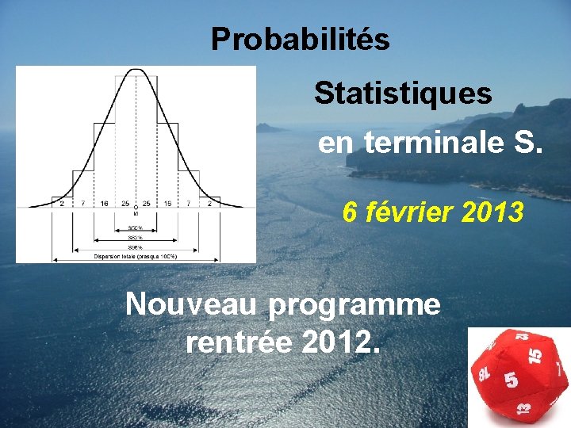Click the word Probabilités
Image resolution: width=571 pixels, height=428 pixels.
pos(300,39)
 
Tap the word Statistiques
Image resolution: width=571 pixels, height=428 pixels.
pos(403,94)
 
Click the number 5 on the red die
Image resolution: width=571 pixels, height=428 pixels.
pos(512,380)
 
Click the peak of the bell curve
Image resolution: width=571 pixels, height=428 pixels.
pos(136,71)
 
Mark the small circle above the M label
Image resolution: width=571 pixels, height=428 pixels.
pos(136,206)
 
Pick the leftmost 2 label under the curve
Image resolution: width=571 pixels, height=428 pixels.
pos(62,204)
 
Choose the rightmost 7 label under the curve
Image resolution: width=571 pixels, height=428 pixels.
pos(189,204)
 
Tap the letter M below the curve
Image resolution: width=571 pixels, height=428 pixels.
pos(136,212)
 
